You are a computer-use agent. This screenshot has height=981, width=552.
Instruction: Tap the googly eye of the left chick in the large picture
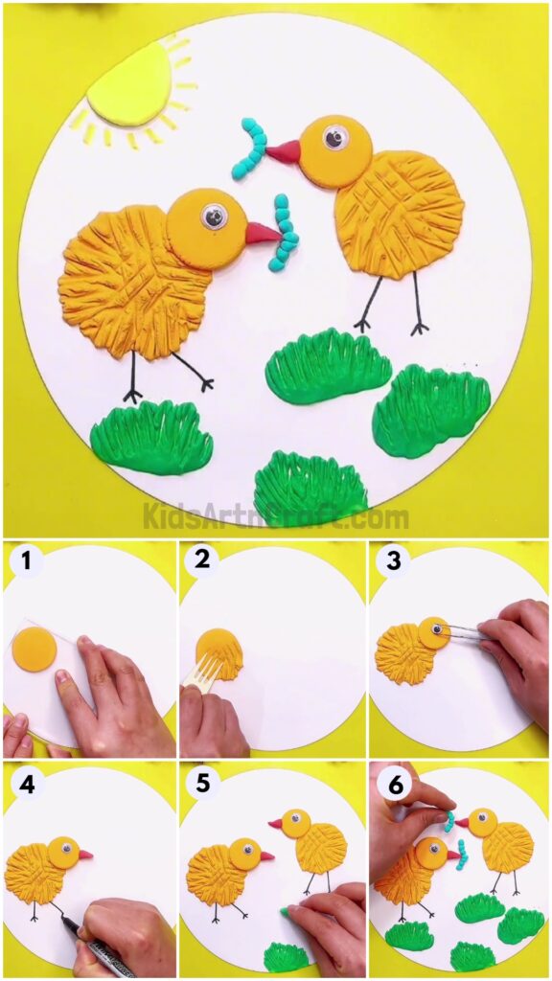tap(214, 217)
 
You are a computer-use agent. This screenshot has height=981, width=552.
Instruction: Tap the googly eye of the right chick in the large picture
tap(334, 138)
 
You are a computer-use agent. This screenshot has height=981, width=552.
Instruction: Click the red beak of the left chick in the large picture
tap(261, 234)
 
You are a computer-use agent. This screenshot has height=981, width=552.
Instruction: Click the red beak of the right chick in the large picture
tap(285, 151)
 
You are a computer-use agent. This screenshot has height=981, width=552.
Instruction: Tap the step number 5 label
tap(202, 784)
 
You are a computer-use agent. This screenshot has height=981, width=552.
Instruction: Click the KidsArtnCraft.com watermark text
tap(276, 517)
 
